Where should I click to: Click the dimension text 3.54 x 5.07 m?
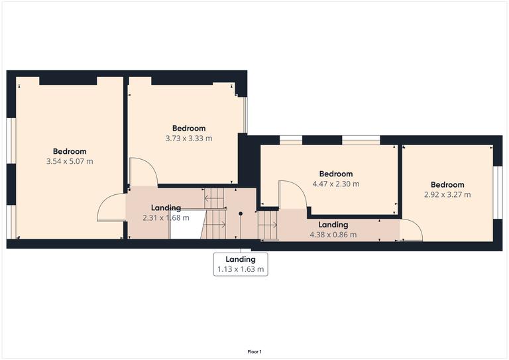point(70,161)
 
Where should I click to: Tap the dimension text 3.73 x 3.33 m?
point(189,139)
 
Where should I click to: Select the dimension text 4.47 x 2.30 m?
point(335,184)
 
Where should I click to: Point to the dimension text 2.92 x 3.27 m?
point(447,195)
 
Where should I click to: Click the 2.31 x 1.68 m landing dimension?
point(166,217)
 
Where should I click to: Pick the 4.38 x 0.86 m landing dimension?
point(333,235)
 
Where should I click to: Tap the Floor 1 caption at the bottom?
point(254,351)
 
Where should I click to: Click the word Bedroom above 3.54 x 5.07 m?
point(70,151)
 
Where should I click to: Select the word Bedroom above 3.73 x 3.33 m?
point(189,129)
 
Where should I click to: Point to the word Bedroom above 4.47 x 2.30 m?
point(335,174)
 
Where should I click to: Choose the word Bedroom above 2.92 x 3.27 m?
point(447,185)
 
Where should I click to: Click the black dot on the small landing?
point(241,213)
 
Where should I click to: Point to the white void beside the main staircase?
point(185,225)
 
